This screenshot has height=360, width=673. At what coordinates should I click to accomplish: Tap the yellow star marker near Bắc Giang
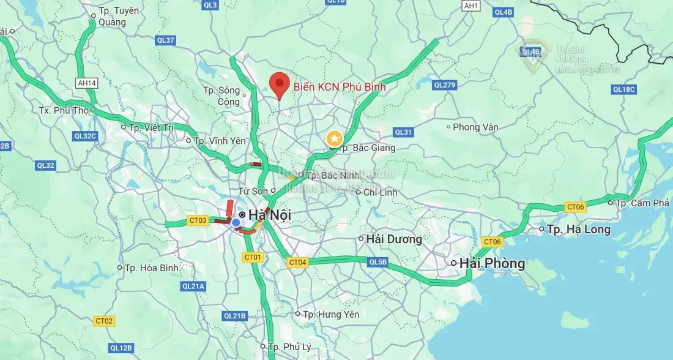pos(334,138)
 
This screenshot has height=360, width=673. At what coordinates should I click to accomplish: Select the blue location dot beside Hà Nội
pos(236,222)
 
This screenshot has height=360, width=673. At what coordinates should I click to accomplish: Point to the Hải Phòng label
pos(492,263)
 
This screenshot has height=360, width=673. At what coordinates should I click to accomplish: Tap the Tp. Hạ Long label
pos(578,230)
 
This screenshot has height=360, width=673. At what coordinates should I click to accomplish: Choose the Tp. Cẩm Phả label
pos(642,203)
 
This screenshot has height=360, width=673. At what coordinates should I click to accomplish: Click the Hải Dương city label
pos(394,239)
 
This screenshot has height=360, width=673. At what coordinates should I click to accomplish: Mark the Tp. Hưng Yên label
pos(331,314)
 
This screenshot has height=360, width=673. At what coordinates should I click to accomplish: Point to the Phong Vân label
pos(475,127)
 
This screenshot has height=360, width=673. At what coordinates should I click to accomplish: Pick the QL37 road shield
pos(166,40)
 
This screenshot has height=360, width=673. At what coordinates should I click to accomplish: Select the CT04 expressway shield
pos(297,263)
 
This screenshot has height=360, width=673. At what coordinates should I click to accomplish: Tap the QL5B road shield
pos(377,263)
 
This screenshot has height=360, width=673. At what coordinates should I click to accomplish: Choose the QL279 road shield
pos(444,84)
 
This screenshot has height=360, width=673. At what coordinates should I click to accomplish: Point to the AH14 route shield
pos(87,83)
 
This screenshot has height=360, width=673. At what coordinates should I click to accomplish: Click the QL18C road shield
pos(624,89)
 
